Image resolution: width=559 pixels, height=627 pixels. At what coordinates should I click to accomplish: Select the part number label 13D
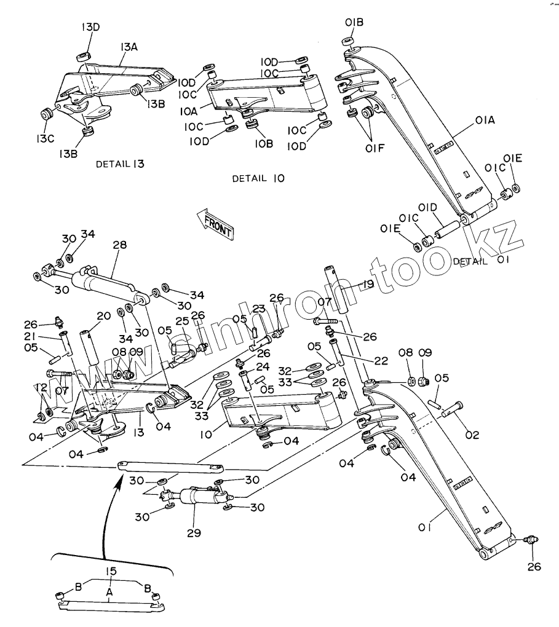pyautogui.click(x=90, y=27)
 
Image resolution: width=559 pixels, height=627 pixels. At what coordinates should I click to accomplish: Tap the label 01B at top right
pyautogui.click(x=354, y=22)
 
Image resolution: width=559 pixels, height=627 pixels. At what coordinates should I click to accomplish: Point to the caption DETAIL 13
pyautogui.click(x=120, y=164)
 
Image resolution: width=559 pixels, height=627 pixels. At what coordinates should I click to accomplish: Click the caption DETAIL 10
pyautogui.click(x=258, y=178)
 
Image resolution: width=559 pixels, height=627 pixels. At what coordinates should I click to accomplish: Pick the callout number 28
pyautogui.click(x=120, y=245)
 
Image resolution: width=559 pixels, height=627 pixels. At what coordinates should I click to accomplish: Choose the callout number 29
pyautogui.click(x=194, y=532)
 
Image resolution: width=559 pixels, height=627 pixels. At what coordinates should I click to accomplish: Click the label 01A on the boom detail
pyautogui.click(x=485, y=120)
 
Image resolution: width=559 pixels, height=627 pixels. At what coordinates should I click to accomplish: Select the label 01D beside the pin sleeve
pyautogui.click(x=428, y=208)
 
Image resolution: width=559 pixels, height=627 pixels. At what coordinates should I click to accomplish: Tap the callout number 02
pyautogui.click(x=472, y=435)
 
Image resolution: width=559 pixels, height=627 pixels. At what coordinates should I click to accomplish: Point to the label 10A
pyautogui.click(x=188, y=111)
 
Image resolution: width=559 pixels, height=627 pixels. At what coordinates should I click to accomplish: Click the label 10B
pyautogui.click(x=264, y=144)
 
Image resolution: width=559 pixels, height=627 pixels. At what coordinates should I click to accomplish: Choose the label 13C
pyautogui.click(x=45, y=139)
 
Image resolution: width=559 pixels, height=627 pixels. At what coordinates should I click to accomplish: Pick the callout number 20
pyautogui.click(x=104, y=316)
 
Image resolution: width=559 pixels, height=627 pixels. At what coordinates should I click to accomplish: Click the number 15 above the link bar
pyautogui.click(x=111, y=572)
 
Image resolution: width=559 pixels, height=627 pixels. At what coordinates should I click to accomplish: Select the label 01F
pyautogui.click(x=375, y=148)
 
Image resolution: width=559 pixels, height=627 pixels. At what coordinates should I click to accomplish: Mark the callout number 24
pyautogui.click(x=263, y=366)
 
